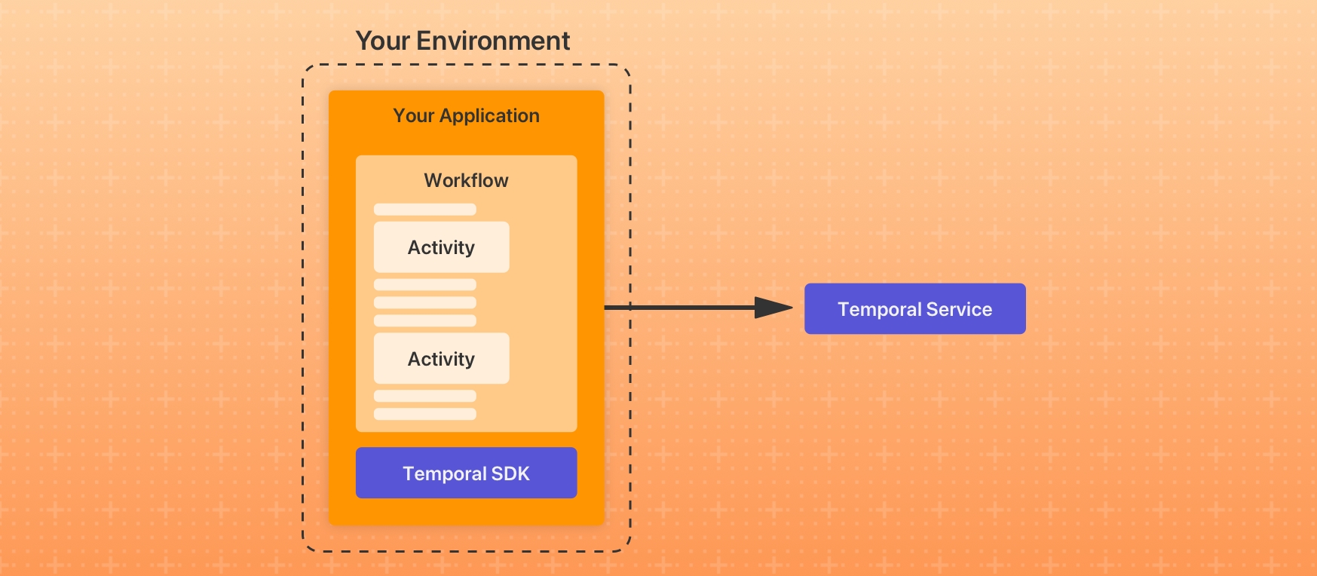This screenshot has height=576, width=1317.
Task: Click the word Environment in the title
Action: [493, 41]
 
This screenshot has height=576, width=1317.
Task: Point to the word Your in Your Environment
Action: [382, 41]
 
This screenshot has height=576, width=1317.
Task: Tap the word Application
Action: [489, 116]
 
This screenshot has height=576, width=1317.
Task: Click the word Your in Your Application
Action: [414, 115]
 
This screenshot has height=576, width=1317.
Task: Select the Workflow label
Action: [466, 180]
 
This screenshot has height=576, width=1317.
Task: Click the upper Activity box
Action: [442, 247]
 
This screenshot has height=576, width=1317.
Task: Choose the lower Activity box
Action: [442, 359]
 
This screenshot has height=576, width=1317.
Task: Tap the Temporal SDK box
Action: [467, 473]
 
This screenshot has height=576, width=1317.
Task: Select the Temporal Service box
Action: [915, 309]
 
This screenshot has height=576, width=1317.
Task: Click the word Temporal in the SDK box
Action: [445, 474]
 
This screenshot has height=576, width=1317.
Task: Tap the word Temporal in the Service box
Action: [880, 310]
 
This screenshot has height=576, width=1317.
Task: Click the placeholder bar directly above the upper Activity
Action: [425, 210]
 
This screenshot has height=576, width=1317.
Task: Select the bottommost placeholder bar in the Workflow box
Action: [425, 414]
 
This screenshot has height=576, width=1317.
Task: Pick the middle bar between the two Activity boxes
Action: [425, 303]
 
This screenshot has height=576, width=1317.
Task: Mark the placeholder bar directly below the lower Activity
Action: [425, 396]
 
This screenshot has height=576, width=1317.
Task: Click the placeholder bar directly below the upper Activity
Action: [425, 285]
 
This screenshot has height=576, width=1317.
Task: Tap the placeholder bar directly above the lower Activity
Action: [425, 321]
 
